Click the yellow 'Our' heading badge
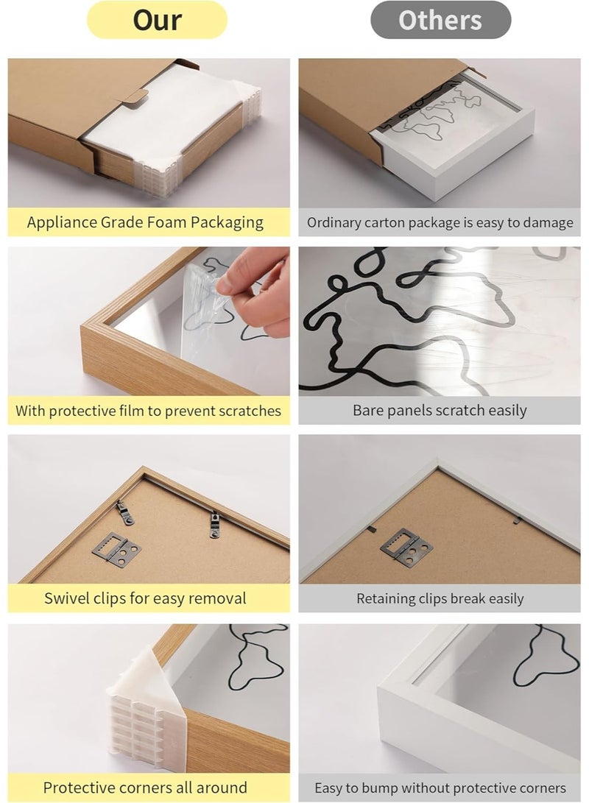coord(157,20)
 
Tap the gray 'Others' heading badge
coord(440,20)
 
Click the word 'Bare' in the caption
coord(368,411)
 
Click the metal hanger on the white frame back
coord(405,546)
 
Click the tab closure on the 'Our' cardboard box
coord(134,96)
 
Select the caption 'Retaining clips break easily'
coord(440,599)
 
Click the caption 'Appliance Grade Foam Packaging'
coord(145,222)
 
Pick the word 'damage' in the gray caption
coord(548,222)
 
